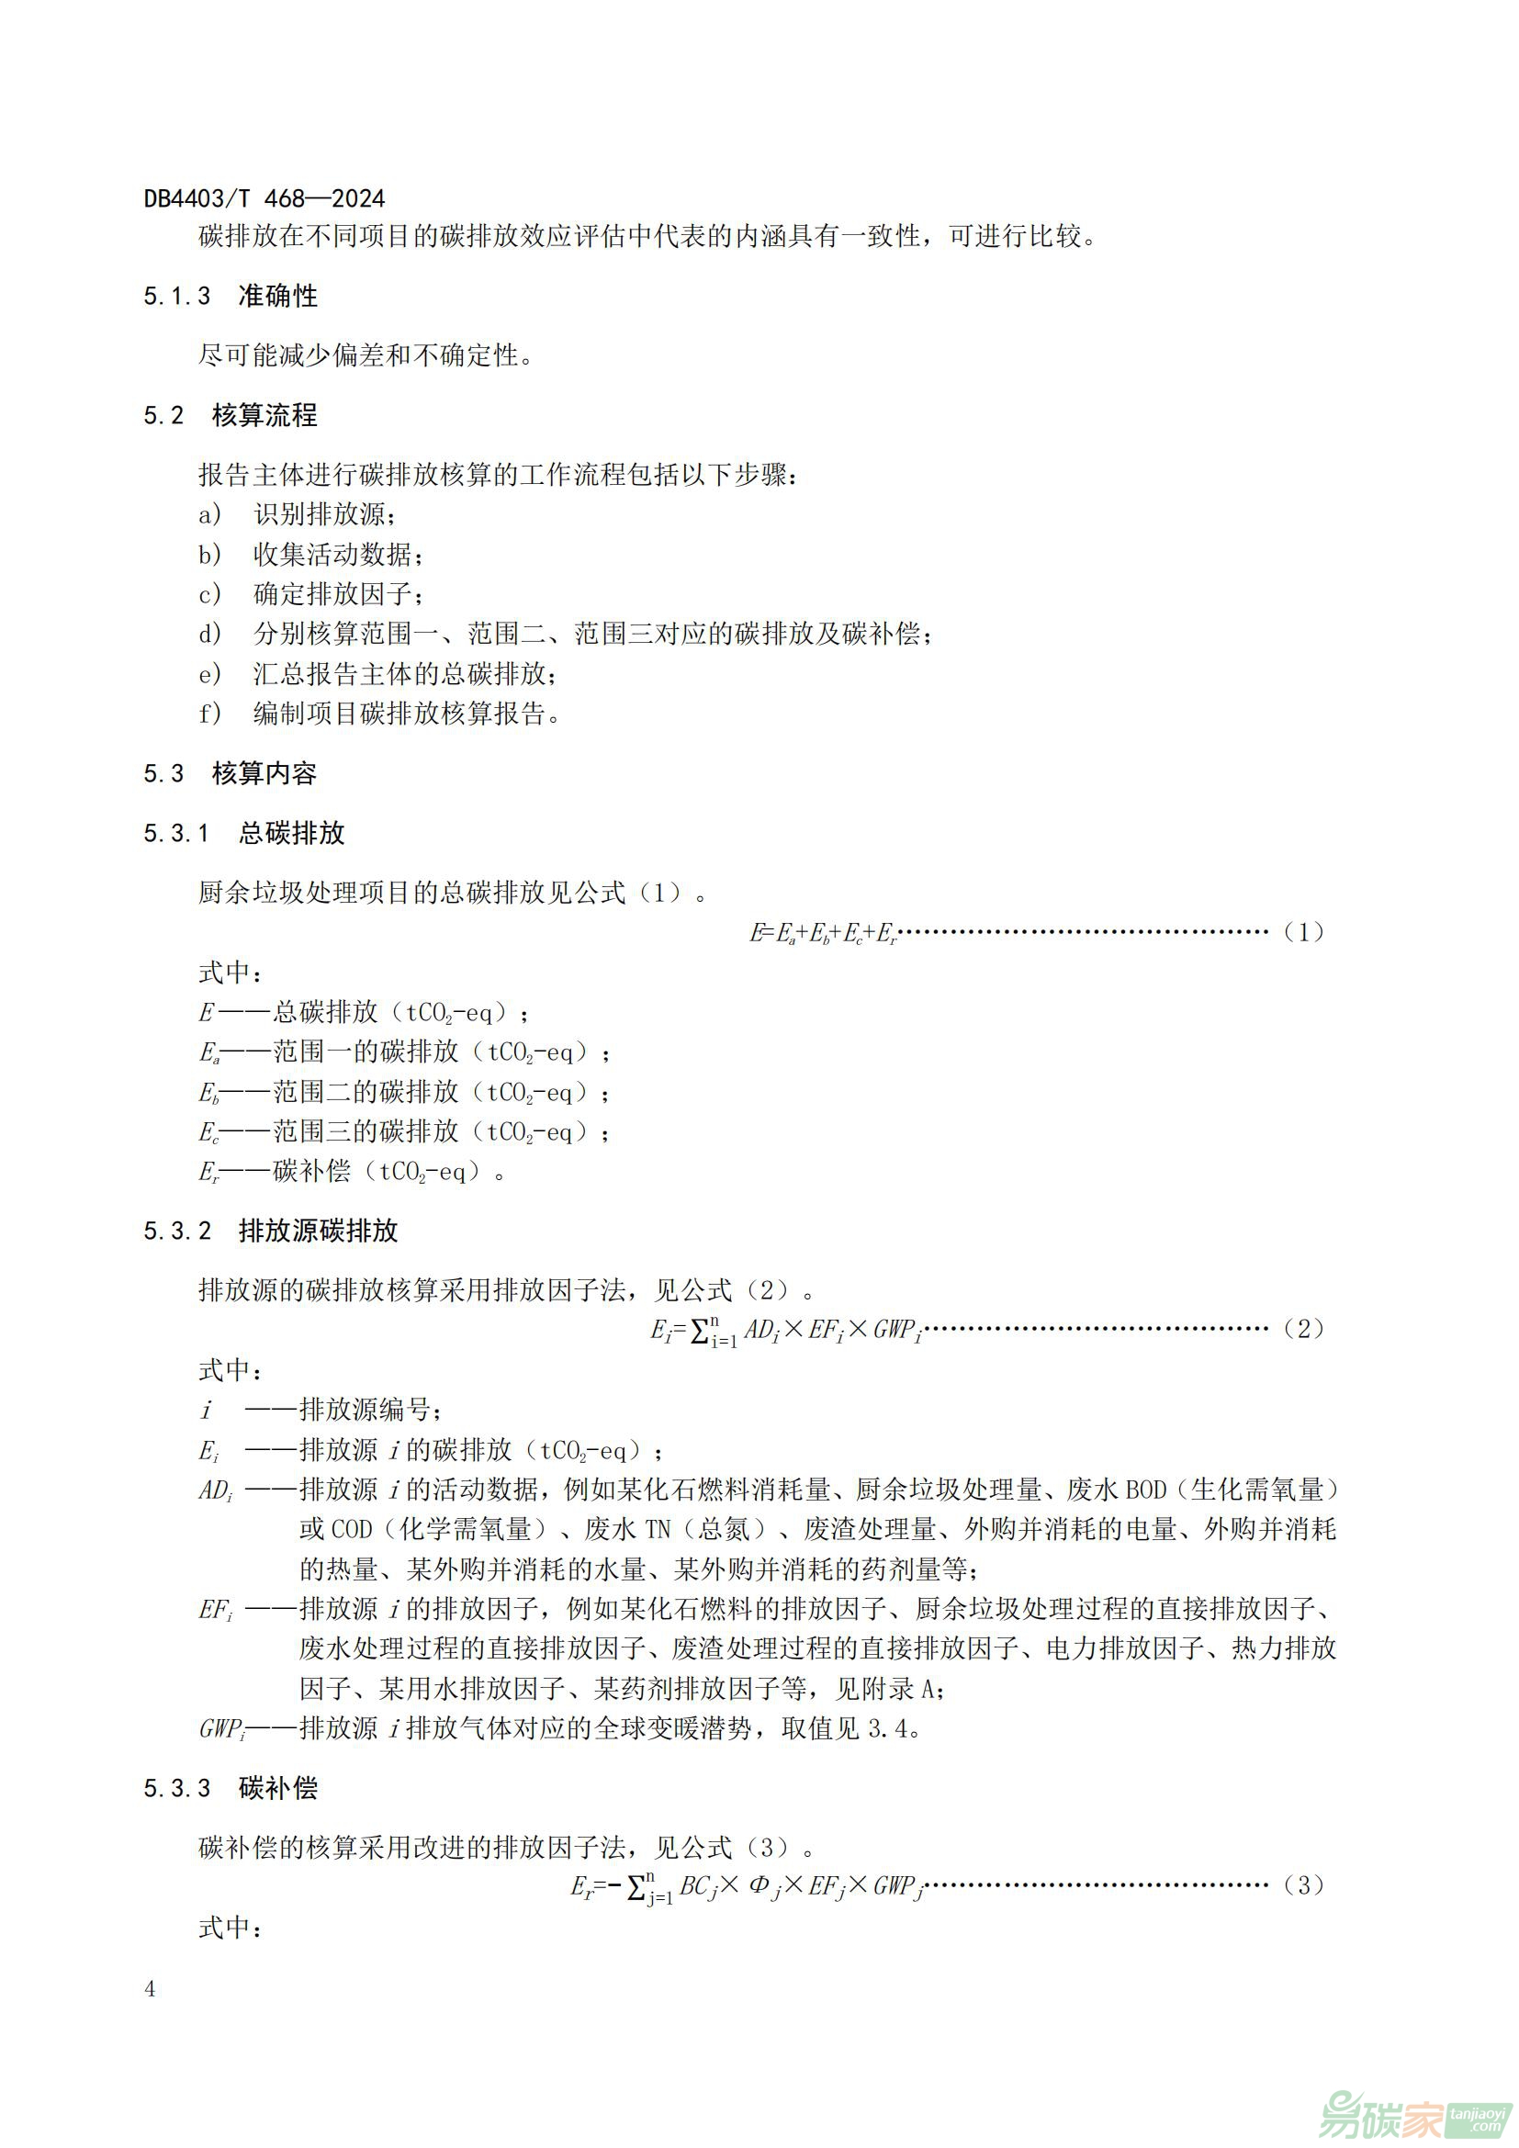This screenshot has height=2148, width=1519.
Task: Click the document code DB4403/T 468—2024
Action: [264, 198]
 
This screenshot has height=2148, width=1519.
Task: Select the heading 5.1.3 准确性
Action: [231, 297]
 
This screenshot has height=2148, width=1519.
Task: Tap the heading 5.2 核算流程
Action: [231, 415]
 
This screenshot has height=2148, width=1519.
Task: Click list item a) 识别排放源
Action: [298, 514]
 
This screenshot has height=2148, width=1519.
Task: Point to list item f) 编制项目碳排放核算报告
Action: [378, 714]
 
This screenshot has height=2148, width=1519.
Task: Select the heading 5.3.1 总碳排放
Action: [244, 833]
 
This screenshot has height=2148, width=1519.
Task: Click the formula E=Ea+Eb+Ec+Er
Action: [824, 933]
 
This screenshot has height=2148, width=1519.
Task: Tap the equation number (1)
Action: [1303, 932]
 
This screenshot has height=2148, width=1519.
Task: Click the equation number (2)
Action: [1303, 1329]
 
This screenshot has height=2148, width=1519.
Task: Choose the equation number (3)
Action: [1303, 1885]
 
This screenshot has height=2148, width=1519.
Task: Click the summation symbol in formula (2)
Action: [700, 1332]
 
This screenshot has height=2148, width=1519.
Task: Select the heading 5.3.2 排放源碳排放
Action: [270, 1231]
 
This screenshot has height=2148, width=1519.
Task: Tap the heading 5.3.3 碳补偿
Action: [231, 1788]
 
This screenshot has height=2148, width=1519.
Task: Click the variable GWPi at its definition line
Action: [220, 1729]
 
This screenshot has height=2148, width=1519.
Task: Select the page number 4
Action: [150, 1989]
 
